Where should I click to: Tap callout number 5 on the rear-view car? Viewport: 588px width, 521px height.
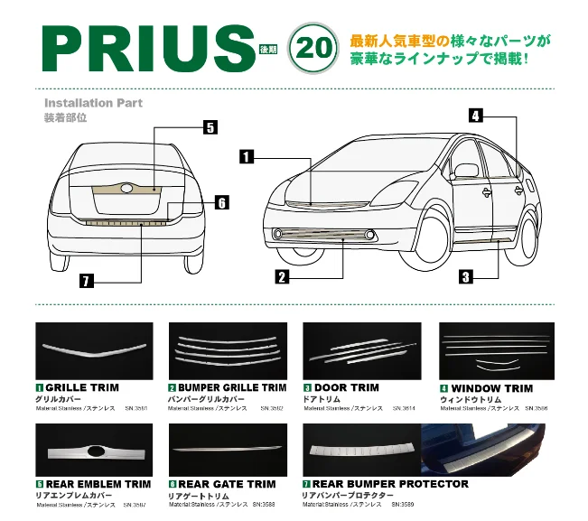(210, 127)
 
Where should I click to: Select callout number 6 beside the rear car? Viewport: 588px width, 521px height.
(221, 203)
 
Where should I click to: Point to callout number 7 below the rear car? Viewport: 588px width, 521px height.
(86, 281)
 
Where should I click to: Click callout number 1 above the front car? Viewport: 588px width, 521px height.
(246, 157)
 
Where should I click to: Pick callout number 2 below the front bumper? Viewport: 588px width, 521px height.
(282, 277)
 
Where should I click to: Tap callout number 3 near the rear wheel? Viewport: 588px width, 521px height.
(465, 277)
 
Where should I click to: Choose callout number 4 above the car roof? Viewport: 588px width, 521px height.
(476, 115)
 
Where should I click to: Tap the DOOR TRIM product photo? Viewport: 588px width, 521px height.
(362, 350)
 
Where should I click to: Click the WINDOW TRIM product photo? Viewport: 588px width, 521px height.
(496, 350)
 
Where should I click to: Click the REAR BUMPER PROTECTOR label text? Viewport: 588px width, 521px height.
(390, 484)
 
